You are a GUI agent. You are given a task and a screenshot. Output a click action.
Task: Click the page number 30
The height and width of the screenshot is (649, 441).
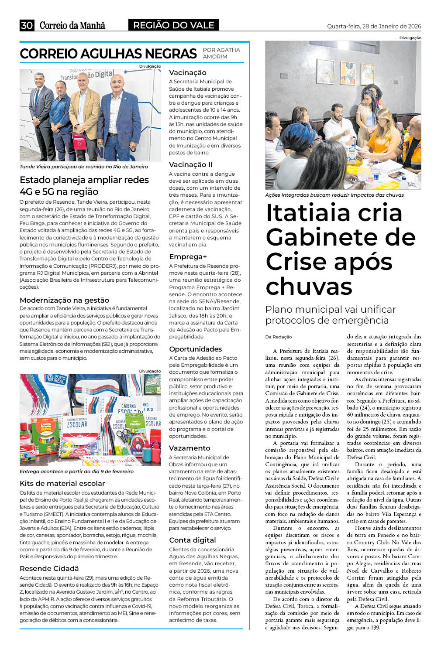pos(27,25)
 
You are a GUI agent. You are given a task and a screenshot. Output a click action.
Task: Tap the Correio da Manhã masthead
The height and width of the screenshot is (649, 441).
pos(72,26)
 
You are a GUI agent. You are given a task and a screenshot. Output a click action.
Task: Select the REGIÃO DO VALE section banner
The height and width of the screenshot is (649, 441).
pos(173,25)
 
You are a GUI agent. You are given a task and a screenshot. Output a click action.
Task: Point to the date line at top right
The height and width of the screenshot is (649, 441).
pos(374,26)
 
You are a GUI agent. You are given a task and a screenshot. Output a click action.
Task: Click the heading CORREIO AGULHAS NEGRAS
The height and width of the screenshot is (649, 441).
pos(108,54)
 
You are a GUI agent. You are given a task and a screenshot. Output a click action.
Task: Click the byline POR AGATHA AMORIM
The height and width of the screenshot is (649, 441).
pos(221,53)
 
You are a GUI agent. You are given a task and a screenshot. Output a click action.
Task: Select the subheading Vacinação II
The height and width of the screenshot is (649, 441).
pos(191,164)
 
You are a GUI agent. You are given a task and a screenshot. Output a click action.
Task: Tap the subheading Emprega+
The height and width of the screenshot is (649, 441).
pos(188,256)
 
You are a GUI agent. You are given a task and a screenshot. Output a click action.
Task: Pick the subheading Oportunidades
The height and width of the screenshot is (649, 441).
pos(195,349)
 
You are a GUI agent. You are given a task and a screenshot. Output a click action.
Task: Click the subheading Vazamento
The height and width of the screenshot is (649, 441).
pos(189,448)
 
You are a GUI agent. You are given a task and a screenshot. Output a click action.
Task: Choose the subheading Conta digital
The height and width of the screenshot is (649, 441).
pos(192,540)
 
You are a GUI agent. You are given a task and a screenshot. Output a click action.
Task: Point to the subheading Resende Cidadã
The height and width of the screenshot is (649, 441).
pos(49,568)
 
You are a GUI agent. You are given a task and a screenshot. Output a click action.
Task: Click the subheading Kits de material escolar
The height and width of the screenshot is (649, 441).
pos(62,483)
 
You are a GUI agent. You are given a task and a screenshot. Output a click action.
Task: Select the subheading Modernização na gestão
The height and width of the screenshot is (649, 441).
pos(64,300)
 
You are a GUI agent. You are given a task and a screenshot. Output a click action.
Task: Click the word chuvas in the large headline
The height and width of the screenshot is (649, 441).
pos(309,286)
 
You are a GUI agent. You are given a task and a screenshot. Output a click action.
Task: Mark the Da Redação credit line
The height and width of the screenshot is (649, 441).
pos(278,337)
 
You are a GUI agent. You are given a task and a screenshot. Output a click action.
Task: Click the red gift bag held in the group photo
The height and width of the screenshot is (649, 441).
pos(79,141)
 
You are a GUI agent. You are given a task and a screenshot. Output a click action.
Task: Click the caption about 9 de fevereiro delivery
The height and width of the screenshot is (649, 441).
pos(76,471)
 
